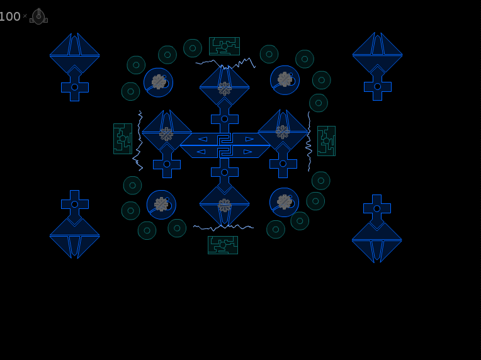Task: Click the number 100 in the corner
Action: tap(10, 16)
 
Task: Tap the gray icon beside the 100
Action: tap(38, 16)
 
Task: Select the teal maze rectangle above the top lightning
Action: tap(224, 47)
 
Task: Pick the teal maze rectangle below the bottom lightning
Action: tap(223, 245)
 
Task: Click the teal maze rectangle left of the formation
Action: tap(123, 138)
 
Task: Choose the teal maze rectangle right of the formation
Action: tap(326, 141)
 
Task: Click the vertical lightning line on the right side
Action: tap(309, 141)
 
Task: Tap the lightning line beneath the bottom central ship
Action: tap(224, 227)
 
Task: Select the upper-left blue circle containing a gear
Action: tap(158, 82)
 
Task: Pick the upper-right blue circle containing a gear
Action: tap(285, 80)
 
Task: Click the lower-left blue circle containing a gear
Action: tap(161, 205)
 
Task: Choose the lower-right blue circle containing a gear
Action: tap(285, 203)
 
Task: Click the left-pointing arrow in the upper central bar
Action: tap(203, 139)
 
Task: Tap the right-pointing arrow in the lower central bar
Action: tap(248, 152)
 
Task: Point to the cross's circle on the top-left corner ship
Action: tap(74, 87)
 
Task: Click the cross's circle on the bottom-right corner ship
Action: tap(377, 208)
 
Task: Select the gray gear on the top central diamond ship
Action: tap(225, 88)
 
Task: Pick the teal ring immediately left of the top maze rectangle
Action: tap(193, 48)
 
